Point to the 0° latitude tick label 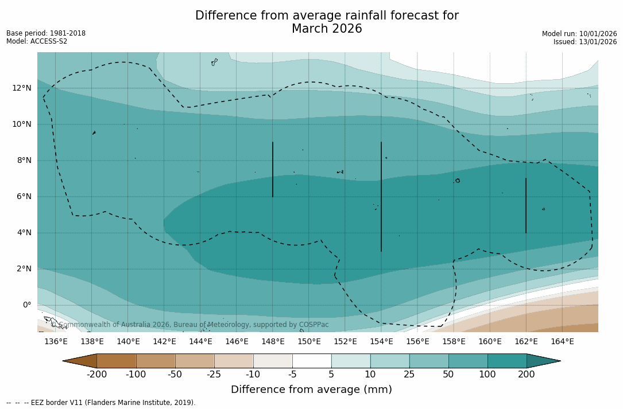pyautogui.click(x=26, y=305)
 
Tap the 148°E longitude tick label pyautogui.click(x=273, y=342)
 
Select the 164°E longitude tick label pyautogui.click(x=562, y=342)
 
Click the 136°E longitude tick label pyautogui.click(x=56, y=342)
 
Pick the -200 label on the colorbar pyautogui.click(x=97, y=375)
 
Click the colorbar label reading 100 pyautogui.click(x=487, y=375)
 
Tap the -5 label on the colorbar pyautogui.click(x=292, y=375)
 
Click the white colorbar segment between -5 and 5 pyautogui.click(x=312, y=361)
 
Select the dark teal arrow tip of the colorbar pyautogui.click(x=543, y=361)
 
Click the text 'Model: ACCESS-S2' pyautogui.click(x=37, y=41)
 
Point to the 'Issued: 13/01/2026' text pyautogui.click(x=585, y=42)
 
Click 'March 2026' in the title pyautogui.click(x=327, y=29)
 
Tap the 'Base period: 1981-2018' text pyautogui.click(x=46, y=33)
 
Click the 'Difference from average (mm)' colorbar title pyautogui.click(x=311, y=389)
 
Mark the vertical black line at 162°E pyautogui.click(x=526, y=205)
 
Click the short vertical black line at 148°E pyautogui.click(x=273, y=169)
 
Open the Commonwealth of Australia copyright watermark pyautogui.click(x=189, y=325)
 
